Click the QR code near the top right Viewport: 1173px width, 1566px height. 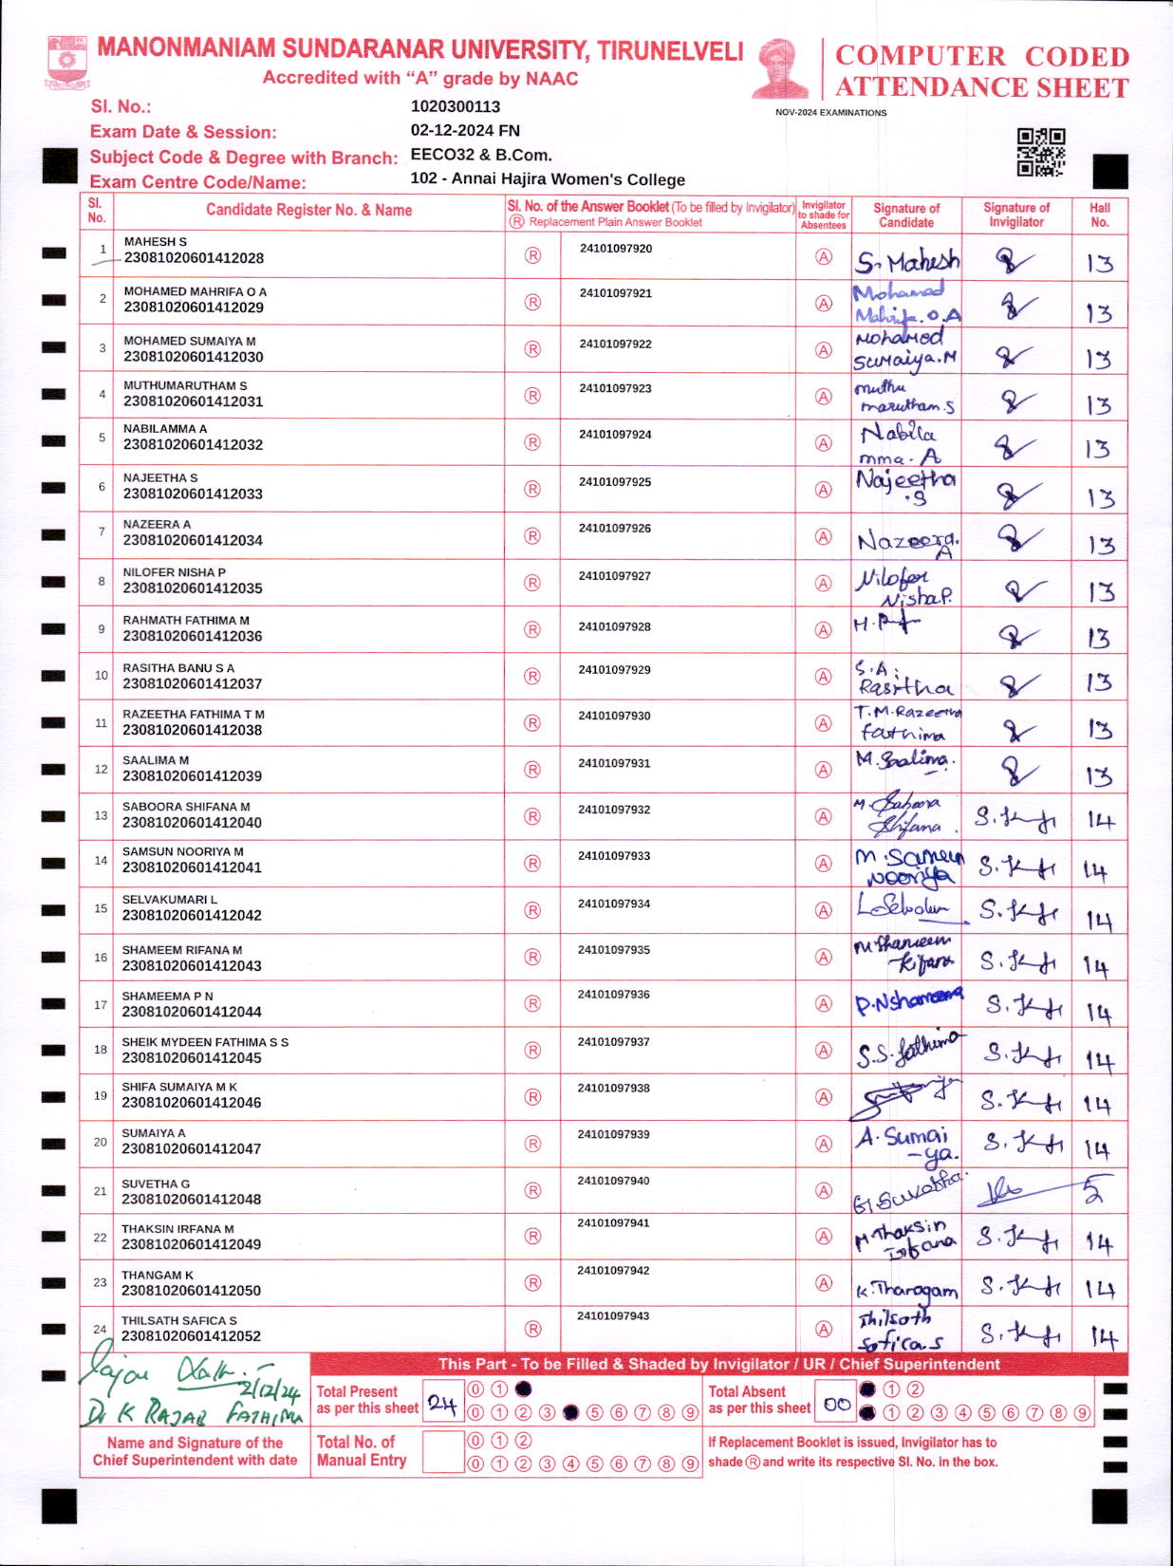pos(1040,152)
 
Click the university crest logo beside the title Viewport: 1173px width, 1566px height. pos(66,62)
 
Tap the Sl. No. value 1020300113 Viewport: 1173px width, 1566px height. pos(456,106)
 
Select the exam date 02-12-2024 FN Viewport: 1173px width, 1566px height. pos(465,131)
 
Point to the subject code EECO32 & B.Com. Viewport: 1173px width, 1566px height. pos(481,155)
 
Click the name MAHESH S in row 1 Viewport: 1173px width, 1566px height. pos(156,242)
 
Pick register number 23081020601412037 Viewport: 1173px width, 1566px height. pos(193,683)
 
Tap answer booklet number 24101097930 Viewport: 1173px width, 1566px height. pos(615,716)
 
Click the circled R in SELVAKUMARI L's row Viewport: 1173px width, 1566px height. pos(532,910)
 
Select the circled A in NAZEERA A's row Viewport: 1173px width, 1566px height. pos(824,537)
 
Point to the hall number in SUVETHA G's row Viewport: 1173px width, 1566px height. pos(1095,1190)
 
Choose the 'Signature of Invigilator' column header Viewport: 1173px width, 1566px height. pos(1016,214)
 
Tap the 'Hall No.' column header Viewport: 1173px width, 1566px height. pos(1100,214)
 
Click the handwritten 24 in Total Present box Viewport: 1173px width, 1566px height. pos(442,1403)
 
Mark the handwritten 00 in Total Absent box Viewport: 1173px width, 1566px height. pos(837,1404)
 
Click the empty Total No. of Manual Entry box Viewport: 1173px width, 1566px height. pos(442,1452)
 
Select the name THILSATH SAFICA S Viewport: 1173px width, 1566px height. pos(179,1320)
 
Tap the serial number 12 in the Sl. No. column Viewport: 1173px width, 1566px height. pos(102,769)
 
